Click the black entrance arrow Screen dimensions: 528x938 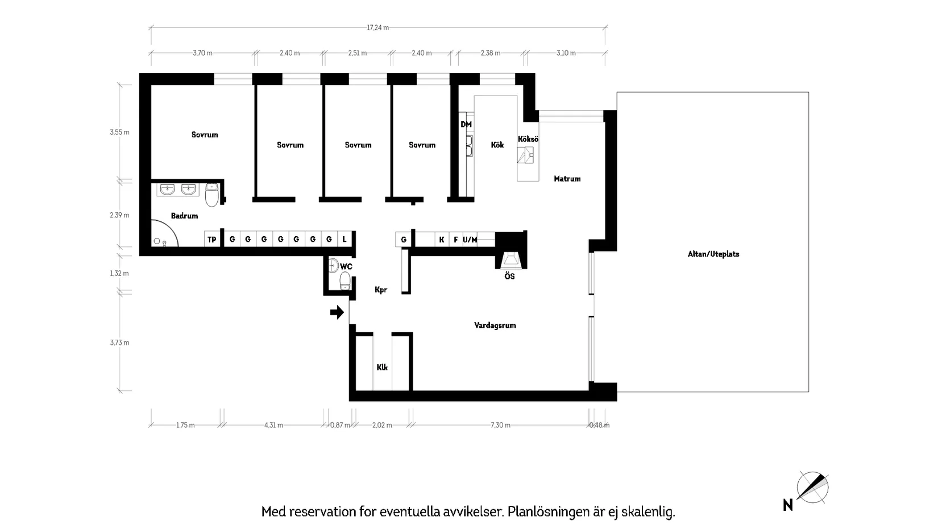(338, 312)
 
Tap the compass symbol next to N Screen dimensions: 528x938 (812, 488)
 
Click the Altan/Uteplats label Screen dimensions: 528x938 (713, 254)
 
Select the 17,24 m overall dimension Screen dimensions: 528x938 (377, 27)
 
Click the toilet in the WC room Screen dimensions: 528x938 (345, 281)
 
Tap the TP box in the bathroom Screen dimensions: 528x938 (211, 240)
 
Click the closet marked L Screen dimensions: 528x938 (345, 240)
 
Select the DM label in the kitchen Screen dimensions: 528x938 (466, 124)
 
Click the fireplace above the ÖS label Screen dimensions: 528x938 (509, 259)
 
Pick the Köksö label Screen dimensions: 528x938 (528, 139)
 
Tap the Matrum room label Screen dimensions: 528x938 (567, 179)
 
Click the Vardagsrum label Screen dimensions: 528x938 (495, 325)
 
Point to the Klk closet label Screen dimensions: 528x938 (382, 367)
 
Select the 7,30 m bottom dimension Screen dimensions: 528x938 (499, 425)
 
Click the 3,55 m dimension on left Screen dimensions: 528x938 (119, 132)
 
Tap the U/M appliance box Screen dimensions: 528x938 (470, 240)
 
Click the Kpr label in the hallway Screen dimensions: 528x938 (380, 290)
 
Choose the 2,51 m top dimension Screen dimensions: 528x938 (357, 53)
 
